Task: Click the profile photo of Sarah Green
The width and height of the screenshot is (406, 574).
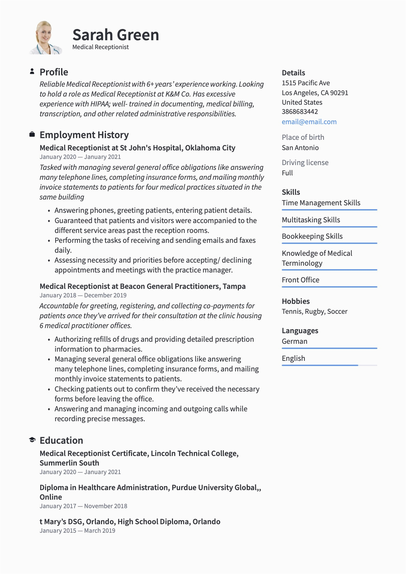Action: click(45, 38)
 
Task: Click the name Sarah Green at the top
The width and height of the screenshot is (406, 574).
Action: click(116, 35)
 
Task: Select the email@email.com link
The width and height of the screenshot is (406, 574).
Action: click(309, 122)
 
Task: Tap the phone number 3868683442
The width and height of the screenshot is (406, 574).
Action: click(300, 112)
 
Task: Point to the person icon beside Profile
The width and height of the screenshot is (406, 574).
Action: click(32, 71)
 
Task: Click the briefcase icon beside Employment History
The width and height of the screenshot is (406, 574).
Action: click(32, 134)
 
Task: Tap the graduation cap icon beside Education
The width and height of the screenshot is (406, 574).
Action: click(32, 440)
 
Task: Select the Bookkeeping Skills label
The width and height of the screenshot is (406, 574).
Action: click(312, 236)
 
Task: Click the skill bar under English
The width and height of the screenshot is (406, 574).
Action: click(329, 365)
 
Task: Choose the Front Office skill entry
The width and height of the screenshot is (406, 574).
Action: click(301, 280)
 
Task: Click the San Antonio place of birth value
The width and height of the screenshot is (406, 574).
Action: click(300, 148)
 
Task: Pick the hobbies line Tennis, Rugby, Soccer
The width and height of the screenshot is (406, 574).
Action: click(315, 311)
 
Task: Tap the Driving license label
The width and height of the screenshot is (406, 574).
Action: click(305, 162)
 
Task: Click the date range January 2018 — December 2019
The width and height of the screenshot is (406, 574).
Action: click(83, 295)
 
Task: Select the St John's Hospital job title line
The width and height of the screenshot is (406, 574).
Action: click(137, 148)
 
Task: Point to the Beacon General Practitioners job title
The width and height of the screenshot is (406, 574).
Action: click(142, 286)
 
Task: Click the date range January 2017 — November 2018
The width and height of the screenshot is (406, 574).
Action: click(83, 506)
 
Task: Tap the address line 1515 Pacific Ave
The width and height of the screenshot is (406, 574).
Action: click(306, 83)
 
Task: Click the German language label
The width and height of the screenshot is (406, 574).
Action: click(294, 341)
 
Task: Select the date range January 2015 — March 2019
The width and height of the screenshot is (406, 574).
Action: click(77, 531)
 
